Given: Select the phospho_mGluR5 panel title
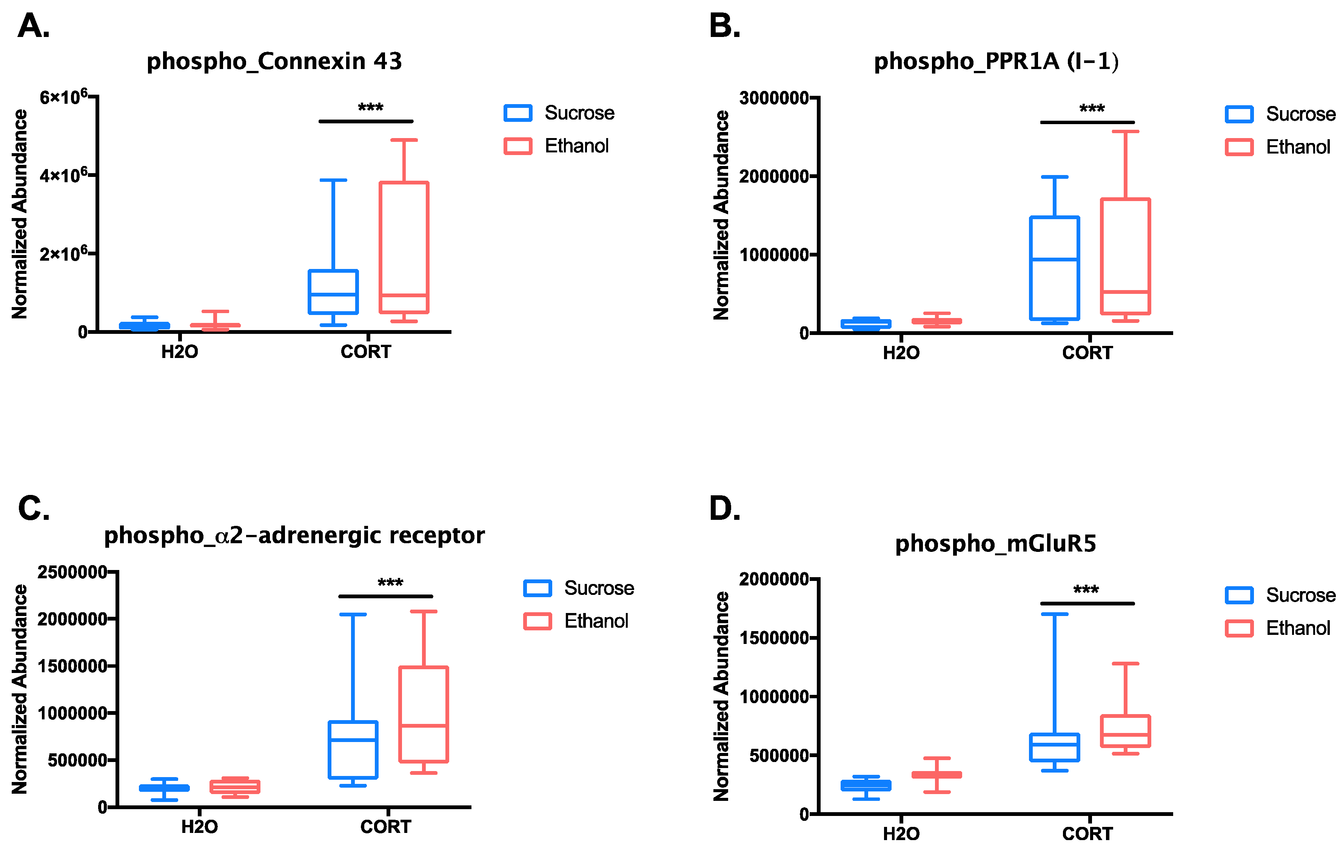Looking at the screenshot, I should (995, 544).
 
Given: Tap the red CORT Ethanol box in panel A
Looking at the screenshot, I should (404, 247).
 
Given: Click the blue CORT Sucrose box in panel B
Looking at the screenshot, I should (1055, 268).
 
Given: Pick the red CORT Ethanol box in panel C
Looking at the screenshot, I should (424, 714).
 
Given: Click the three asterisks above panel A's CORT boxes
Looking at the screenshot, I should (370, 108).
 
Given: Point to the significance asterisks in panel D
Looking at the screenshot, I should (1086, 590).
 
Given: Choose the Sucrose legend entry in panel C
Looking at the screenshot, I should (579, 588).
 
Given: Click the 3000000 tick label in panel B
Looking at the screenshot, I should (773, 98).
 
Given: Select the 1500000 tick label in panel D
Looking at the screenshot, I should (773, 638).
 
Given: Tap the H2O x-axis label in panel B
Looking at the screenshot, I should (901, 353).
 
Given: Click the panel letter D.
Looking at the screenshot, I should (724, 509).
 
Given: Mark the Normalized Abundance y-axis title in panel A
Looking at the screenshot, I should (20, 214).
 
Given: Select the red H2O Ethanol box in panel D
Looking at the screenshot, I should (936, 774).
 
